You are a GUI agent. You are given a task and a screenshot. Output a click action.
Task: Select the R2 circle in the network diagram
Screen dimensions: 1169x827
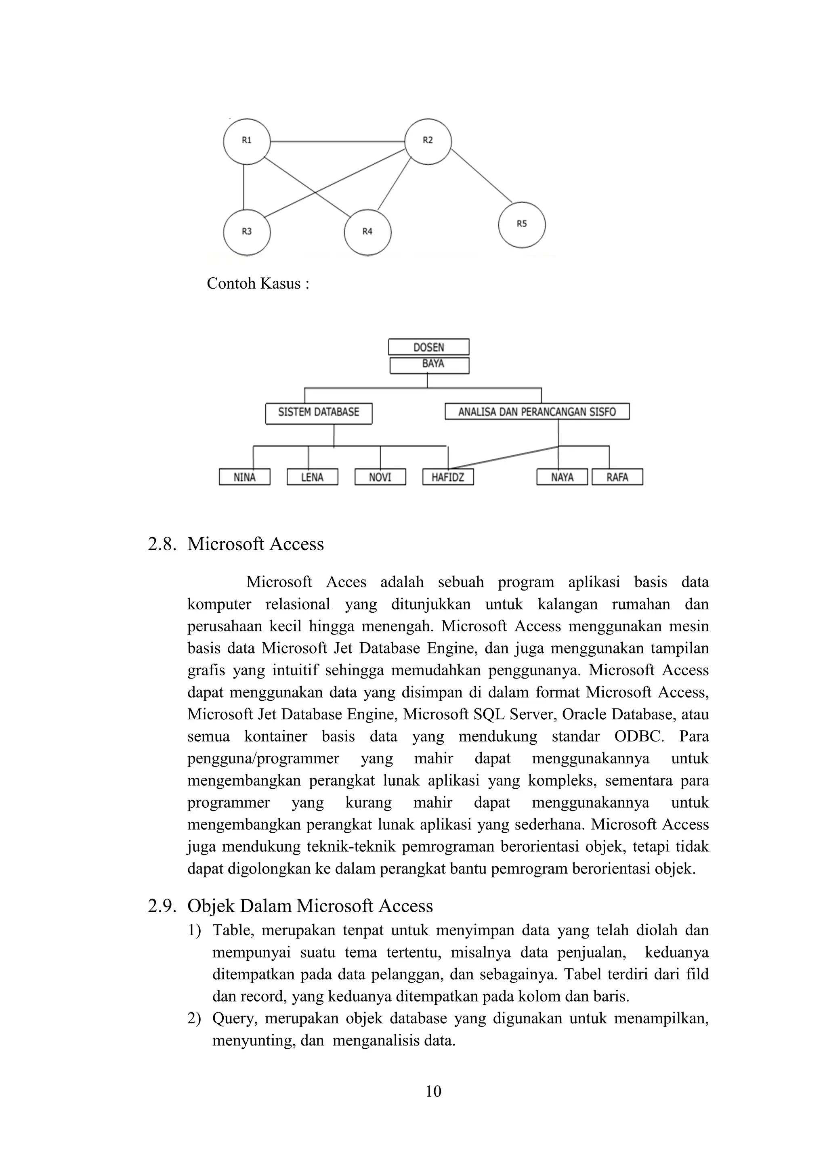428,142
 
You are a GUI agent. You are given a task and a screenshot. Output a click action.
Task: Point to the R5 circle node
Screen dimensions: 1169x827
521,224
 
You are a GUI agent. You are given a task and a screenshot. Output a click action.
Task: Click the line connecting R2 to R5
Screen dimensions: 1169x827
481,176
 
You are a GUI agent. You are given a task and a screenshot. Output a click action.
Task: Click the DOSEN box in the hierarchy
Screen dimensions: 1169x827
428,347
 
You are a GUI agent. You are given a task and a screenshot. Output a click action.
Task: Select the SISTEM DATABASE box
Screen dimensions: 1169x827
319,413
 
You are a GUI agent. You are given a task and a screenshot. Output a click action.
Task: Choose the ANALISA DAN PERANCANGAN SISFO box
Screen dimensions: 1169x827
537,411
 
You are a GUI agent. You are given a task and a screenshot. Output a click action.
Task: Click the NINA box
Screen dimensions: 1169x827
244,477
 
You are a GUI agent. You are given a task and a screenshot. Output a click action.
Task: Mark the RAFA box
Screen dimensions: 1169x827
617,477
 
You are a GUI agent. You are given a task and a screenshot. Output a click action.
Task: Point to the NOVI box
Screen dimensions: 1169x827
380,477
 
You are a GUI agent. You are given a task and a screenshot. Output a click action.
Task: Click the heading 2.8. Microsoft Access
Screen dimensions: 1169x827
236,544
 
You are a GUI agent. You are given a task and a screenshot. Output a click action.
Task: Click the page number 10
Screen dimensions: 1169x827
433,1091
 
